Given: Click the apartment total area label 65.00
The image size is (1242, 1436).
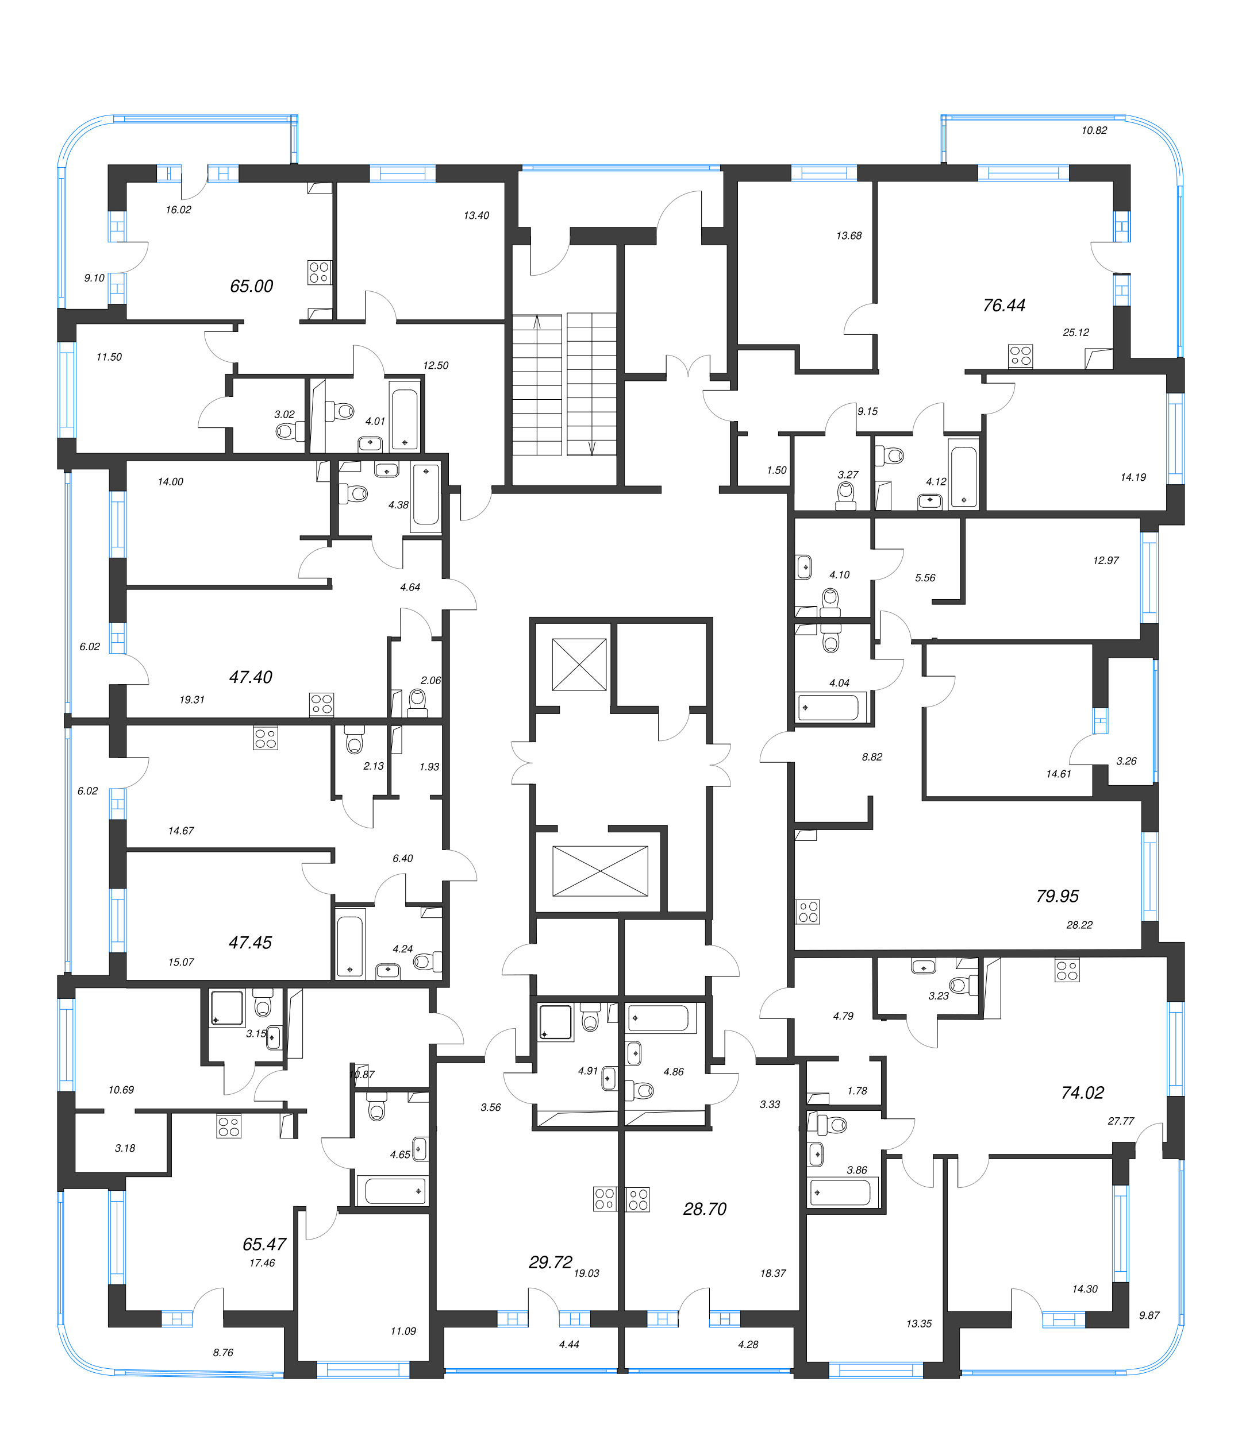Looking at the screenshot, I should (x=251, y=285).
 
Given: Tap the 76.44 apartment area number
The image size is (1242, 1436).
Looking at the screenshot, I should (x=1003, y=305).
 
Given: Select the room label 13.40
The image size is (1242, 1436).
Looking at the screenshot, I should (x=476, y=215).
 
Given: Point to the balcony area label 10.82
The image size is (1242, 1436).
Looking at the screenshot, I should (x=1094, y=130).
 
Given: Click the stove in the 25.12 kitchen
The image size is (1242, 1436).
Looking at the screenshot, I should (x=1020, y=356).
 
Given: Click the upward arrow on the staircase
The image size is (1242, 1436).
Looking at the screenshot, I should (x=537, y=322).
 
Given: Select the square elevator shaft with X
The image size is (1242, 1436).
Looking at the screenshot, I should (x=579, y=665).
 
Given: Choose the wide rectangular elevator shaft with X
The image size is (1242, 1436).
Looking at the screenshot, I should (x=600, y=871).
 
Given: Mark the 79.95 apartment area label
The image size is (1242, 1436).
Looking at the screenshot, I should (x=1057, y=896).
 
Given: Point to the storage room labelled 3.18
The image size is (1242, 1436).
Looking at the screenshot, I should (x=125, y=1148).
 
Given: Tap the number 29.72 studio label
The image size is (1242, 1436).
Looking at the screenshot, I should (x=550, y=1262).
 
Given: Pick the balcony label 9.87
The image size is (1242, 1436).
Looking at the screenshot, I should (x=1148, y=1315).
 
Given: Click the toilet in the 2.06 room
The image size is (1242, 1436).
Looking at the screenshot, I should (x=417, y=700).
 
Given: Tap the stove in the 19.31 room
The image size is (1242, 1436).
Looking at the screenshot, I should (x=321, y=704).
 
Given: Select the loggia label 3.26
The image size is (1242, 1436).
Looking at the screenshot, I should (x=1125, y=761).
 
